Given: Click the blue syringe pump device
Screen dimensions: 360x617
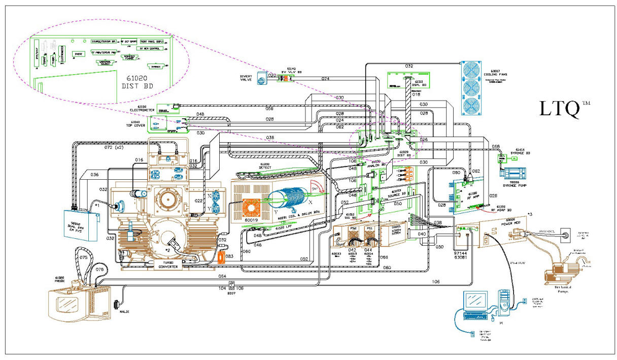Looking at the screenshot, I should [519, 173].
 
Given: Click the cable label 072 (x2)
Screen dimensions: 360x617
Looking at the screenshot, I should [115, 147].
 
